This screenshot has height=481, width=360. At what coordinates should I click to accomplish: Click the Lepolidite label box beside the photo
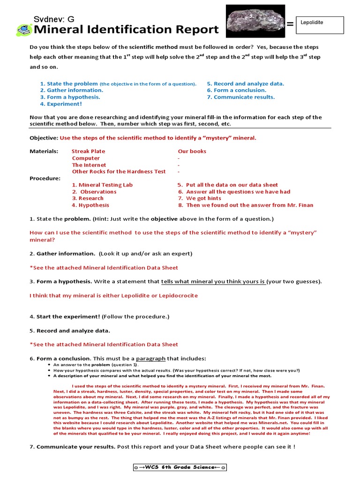coord(322,25)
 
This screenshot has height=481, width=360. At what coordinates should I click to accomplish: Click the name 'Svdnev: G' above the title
coord(53,19)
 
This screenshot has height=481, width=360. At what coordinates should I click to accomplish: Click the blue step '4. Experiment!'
coord(61,104)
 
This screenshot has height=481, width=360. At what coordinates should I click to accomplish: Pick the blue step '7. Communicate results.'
coord(241,97)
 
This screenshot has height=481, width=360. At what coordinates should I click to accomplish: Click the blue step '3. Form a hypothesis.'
coord(70,97)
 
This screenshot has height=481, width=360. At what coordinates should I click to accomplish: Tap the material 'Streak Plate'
coord(88,151)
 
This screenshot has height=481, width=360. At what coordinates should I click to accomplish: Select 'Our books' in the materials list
coord(192,151)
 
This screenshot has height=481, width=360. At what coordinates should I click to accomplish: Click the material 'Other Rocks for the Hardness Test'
coord(119,171)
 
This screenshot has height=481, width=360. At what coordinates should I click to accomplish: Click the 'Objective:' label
coord(44,138)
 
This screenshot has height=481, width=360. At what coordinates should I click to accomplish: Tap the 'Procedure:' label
coord(45,178)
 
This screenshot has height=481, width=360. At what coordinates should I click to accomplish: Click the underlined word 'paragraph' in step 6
coord(150,359)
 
